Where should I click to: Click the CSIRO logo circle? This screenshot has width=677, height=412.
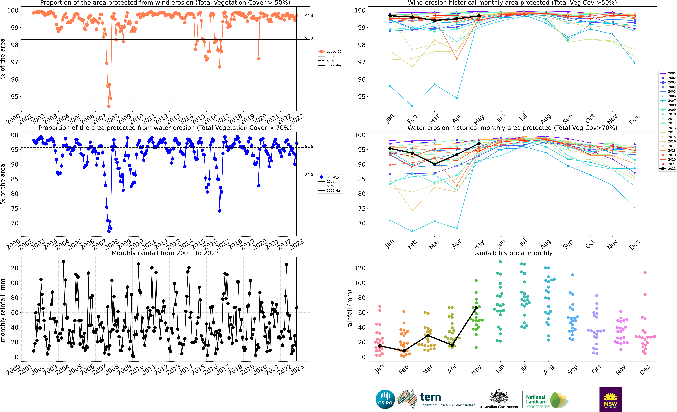click(385, 399)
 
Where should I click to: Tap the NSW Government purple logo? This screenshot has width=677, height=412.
click(610, 399)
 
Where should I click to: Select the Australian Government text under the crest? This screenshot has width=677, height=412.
click(499, 407)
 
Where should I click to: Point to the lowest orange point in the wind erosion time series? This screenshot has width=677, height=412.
click(109, 106)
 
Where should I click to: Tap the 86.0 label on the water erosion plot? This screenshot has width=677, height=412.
click(309, 175)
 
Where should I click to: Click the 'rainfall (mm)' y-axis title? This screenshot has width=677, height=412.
click(350, 309)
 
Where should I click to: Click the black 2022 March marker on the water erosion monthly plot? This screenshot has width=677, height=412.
click(434, 164)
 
